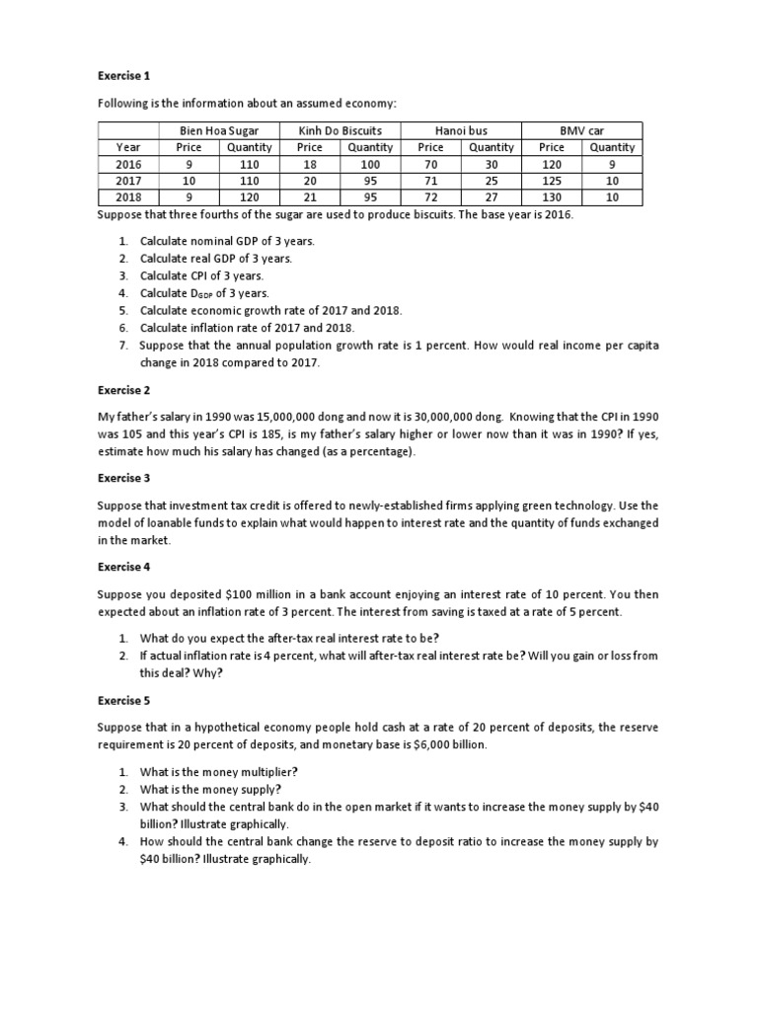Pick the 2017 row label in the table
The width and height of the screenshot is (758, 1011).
coord(129,181)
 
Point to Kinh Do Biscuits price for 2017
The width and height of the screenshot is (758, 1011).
coord(309,181)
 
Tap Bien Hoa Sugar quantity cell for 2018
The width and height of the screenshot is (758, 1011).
coord(249,197)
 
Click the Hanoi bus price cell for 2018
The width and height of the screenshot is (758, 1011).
coord(430,197)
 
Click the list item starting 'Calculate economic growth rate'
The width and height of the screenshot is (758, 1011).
coord(270,310)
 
